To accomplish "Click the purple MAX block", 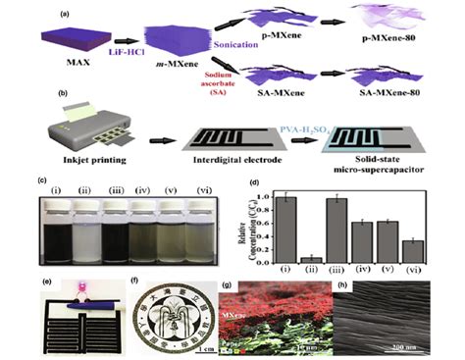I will point(61,39).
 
